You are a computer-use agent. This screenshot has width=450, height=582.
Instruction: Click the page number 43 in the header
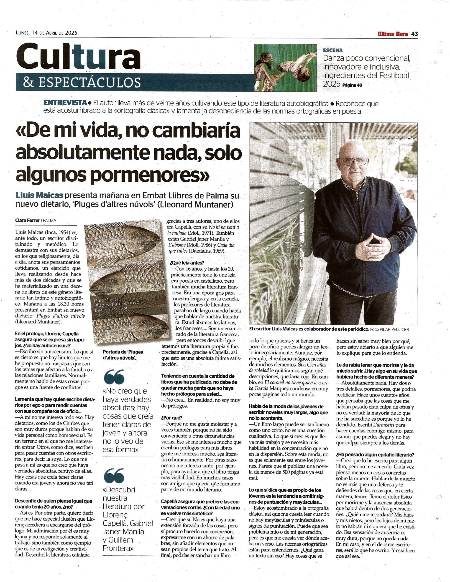click(x=414, y=34)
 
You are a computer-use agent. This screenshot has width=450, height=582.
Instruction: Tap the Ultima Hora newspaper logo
click(x=392, y=34)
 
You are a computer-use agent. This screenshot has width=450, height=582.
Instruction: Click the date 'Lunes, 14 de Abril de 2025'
click(x=46, y=33)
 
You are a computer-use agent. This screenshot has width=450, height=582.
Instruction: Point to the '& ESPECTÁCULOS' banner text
click(x=82, y=82)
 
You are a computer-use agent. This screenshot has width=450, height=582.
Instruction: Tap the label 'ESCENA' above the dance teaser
click(x=332, y=50)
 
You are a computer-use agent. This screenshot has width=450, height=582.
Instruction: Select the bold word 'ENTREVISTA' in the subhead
click(x=65, y=103)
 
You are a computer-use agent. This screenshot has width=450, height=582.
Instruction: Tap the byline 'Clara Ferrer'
click(x=27, y=220)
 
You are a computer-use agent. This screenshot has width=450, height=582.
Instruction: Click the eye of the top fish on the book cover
click(x=135, y=235)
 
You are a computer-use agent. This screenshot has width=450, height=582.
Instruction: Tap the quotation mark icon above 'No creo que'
click(x=115, y=376)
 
